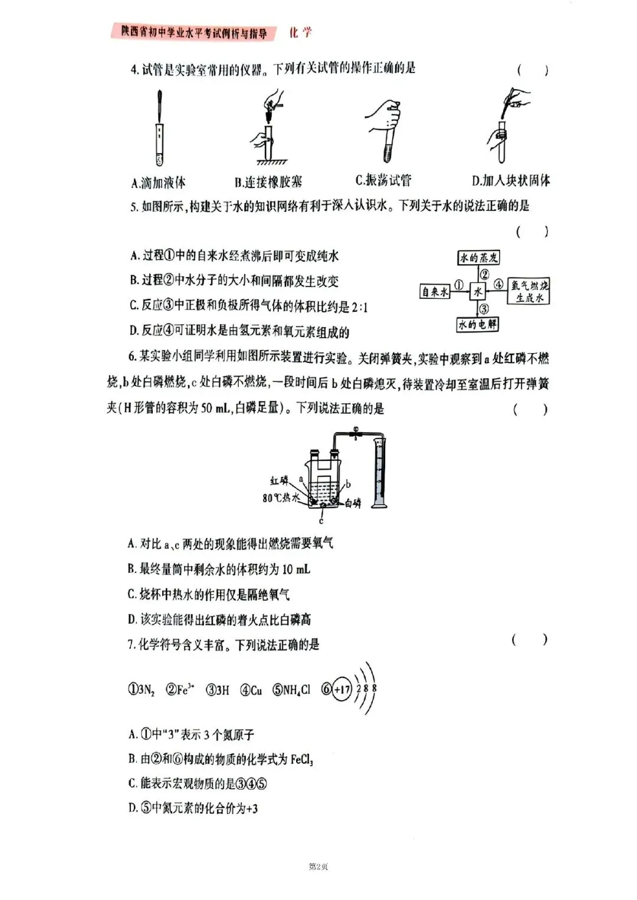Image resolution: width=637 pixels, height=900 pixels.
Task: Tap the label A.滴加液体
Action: point(158,182)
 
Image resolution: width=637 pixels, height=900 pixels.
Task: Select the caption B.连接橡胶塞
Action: point(268,182)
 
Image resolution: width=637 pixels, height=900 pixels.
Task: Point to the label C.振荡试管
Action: point(383,180)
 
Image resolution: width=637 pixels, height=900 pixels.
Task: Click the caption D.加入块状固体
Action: point(511,180)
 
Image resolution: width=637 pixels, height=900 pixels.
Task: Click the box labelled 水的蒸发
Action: point(479,258)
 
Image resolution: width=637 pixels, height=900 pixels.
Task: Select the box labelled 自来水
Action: point(435,291)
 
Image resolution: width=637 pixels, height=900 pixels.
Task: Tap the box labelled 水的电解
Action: point(478,324)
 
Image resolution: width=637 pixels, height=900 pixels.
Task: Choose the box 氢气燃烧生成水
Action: point(529,292)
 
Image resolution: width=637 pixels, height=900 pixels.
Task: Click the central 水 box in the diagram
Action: point(477,291)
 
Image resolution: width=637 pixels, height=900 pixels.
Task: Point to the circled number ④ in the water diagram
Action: point(498,284)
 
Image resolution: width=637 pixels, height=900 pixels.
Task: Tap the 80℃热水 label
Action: point(281,498)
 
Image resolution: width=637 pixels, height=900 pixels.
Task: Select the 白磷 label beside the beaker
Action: point(352,503)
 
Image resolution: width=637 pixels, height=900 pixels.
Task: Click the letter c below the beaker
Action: point(321,521)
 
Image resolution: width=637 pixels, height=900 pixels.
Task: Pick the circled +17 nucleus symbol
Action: point(342,689)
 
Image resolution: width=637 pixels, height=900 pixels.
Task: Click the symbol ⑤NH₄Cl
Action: point(291,690)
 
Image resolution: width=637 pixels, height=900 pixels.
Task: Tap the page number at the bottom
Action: point(318,866)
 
